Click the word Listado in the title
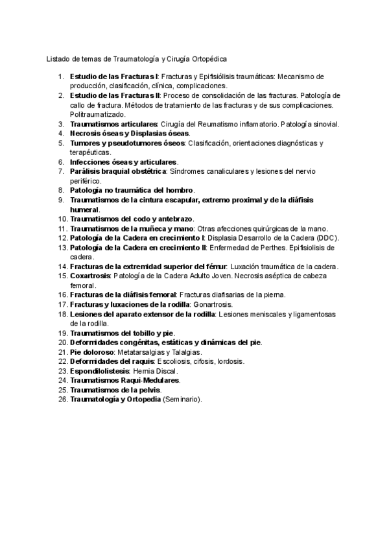[58, 58]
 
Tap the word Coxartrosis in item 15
[90, 276]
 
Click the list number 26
[63, 400]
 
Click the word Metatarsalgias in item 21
[140, 352]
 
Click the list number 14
[63, 266]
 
